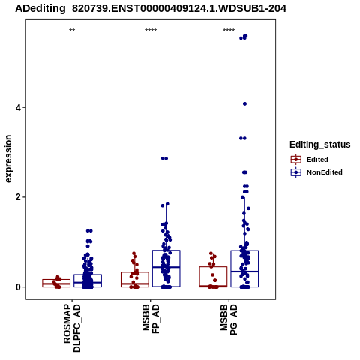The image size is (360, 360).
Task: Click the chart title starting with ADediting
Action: click(x=151, y=8)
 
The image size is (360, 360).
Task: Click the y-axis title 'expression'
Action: click(x=8, y=159)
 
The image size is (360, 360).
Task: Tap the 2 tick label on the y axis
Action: click(x=18, y=197)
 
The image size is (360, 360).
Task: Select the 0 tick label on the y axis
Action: click(x=18, y=287)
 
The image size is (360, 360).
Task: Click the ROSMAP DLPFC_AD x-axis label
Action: click(x=72, y=328)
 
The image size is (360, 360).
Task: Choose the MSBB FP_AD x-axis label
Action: click(x=151, y=319)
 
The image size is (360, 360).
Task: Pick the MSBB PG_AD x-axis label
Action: click(x=229, y=319)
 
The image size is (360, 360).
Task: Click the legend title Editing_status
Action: click(x=320, y=145)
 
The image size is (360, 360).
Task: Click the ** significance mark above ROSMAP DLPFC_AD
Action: click(x=72, y=31)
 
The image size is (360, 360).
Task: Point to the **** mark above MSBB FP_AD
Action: click(x=151, y=31)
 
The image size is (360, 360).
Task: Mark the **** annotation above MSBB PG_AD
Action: click(x=229, y=31)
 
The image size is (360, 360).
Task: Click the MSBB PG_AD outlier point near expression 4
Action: click(x=244, y=103)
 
